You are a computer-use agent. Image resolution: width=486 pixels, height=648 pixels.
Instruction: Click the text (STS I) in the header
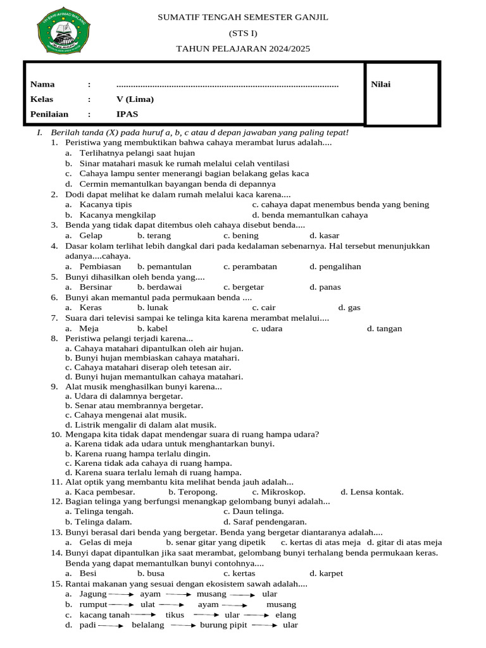[243, 33]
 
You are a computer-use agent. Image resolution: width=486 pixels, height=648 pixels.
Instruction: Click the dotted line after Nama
[227, 84]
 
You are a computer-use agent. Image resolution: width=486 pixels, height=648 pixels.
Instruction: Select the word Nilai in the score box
[381, 84]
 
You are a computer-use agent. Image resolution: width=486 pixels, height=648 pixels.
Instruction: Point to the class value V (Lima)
[135, 99]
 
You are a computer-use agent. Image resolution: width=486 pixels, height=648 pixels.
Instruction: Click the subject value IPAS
[127, 115]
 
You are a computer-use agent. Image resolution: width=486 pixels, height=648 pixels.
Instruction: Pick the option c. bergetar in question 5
[244, 287]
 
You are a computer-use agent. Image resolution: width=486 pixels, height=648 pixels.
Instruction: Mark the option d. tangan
[384, 328]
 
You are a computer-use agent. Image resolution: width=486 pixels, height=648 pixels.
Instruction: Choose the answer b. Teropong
[193, 492]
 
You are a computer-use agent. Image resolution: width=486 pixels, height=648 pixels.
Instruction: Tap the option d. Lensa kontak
[371, 492]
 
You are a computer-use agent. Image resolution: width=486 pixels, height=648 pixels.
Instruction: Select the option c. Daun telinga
[253, 511]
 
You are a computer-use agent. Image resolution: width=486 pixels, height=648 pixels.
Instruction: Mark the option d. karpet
[326, 573]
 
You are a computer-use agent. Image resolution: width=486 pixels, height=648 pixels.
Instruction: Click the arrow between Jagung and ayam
[121, 594]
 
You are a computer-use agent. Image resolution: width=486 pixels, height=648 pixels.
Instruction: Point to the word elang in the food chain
[285, 614]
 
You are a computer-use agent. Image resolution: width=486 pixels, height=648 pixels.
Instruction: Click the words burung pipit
[221, 625]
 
